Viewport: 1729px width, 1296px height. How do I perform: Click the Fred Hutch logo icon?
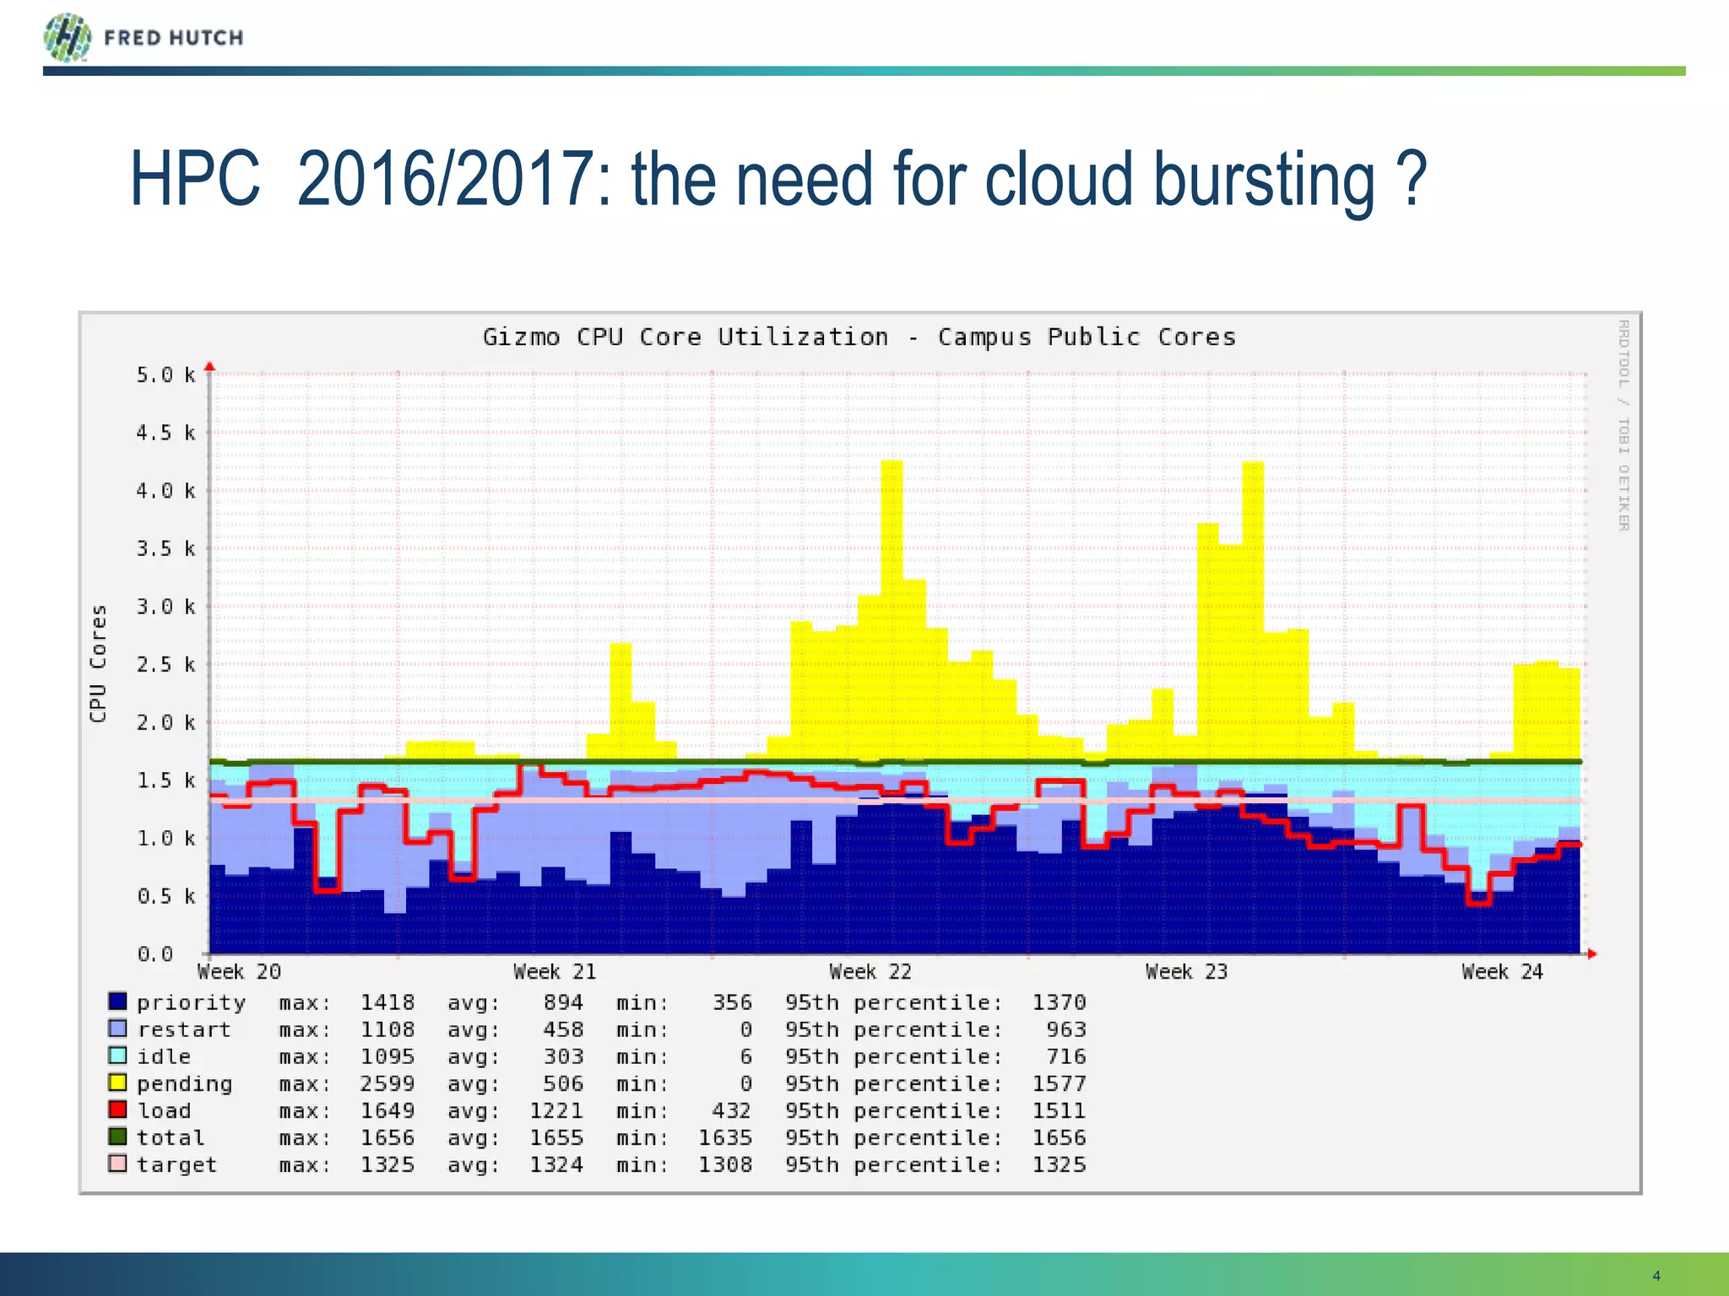(68, 38)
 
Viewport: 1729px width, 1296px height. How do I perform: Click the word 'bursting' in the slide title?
(1264, 180)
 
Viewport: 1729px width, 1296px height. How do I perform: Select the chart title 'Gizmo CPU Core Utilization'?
(685, 337)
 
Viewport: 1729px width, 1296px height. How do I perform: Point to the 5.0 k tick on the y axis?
(166, 375)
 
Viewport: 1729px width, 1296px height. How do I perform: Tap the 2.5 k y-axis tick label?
(166, 665)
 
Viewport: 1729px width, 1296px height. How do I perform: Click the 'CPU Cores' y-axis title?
(99, 663)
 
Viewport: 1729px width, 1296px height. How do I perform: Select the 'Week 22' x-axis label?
(870, 972)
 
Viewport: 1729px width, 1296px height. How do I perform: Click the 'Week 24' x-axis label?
(1502, 972)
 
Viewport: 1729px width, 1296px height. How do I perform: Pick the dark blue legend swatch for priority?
(118, 1002)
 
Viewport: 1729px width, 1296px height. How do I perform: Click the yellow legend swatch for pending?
(118, 1083)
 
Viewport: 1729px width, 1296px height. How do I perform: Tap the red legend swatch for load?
(118, 1110)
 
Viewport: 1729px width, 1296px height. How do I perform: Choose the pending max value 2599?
(388, 1083)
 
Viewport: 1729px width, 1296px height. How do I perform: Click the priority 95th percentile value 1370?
(1059, 1002)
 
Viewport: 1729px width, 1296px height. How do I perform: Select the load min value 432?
(731, 1110)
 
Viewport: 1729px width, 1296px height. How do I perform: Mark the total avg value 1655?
(556, 1137)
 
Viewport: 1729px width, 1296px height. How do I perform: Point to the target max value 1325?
(388, 1164)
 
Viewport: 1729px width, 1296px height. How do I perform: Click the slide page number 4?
(1656, 1276)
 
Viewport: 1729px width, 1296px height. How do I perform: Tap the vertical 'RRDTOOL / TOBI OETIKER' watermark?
(1623, 424)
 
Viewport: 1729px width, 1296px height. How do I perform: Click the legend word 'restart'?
(184, 1029)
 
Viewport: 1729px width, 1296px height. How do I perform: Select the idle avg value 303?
(563, 1056)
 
